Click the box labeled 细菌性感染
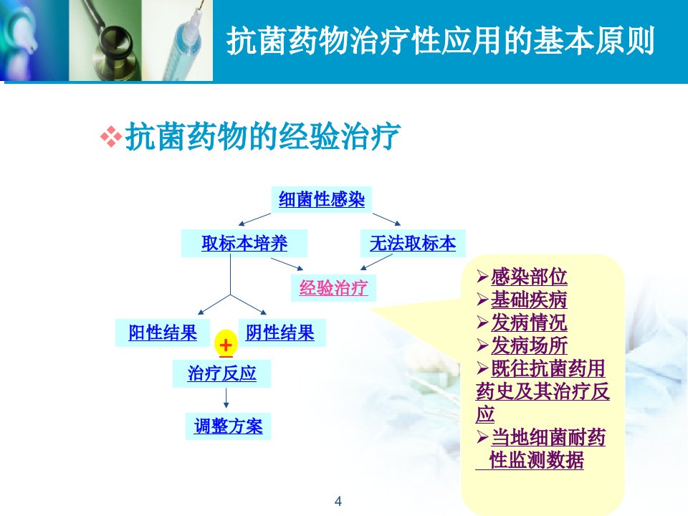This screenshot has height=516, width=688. click(322, 200)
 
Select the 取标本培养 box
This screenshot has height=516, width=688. click(244, 243)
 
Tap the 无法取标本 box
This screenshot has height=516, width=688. click(413, 243)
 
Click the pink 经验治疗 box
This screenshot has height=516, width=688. click(333, 288)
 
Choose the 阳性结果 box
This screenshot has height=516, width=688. click(163, 333)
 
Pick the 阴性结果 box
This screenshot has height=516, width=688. click(282, 333)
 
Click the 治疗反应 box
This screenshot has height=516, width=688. click(221, 373)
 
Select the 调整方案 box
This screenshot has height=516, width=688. click(228, 426)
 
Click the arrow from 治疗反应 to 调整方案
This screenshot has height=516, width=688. click(226, 398)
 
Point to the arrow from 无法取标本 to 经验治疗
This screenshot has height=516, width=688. click(376, 262)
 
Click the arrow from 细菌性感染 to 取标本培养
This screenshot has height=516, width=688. click(254, 219)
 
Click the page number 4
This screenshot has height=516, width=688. click(338, 501)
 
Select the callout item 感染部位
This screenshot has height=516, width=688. click(529, 277)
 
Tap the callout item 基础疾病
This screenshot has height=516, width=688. click(529, 300)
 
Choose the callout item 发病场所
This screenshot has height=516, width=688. click(529, 345)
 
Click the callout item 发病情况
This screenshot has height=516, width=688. click(529, 322)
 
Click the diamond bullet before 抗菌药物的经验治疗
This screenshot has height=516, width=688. click(111, 136)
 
